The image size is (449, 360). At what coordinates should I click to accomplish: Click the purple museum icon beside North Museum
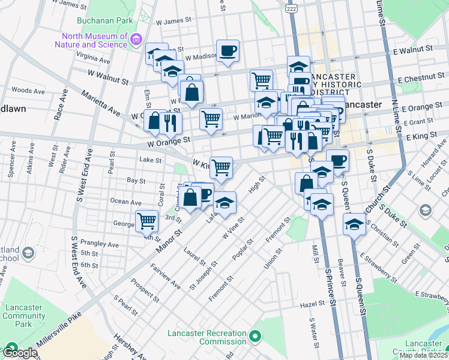tap(136, 40)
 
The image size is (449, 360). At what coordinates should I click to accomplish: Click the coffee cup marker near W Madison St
tap(228, 51)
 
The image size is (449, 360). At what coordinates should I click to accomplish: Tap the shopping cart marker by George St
tap(146, 221)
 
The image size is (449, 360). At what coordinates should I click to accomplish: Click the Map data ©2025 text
tap(424, 355)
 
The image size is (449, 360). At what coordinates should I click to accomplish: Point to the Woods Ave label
tap(28, 91)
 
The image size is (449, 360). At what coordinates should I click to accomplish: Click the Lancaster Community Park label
tap(23, 316)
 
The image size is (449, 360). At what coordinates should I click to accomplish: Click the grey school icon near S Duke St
tap(425, 209)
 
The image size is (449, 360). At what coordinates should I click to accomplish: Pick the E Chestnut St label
tap(420, 78)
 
